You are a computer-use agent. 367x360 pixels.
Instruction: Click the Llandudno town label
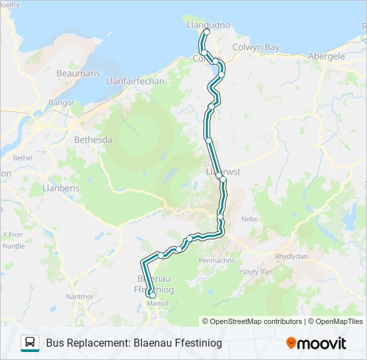tap(208, 25)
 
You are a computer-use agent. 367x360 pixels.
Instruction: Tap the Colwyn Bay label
tap(256, 47)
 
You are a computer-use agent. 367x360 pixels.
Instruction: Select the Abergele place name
tap(326, 57)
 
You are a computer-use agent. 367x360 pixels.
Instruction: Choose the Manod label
tap(157, 303)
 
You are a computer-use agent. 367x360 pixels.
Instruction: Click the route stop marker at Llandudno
tap(207, 32)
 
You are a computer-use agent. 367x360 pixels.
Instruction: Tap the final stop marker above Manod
tap(153, 295)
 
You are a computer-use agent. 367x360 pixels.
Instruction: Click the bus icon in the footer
tap(30, 343)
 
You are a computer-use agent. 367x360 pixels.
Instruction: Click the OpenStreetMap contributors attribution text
tap(256, 321)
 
